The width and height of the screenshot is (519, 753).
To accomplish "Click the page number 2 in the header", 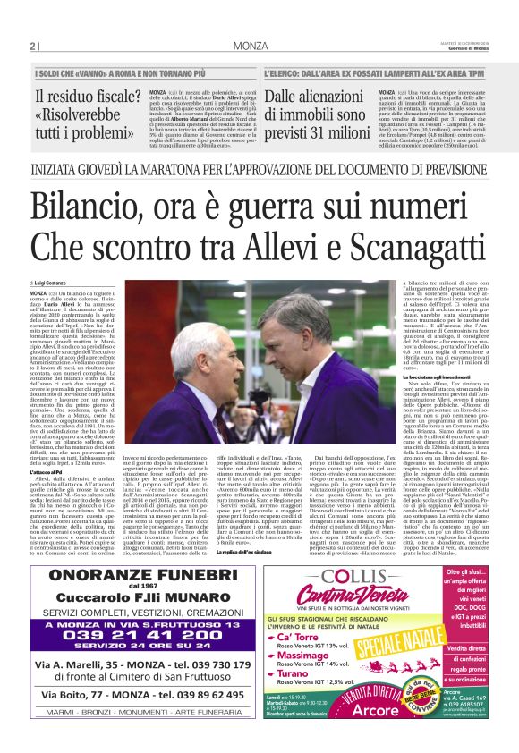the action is pos(31,46).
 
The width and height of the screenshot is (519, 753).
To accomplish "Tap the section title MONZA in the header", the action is pos(251,46).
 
